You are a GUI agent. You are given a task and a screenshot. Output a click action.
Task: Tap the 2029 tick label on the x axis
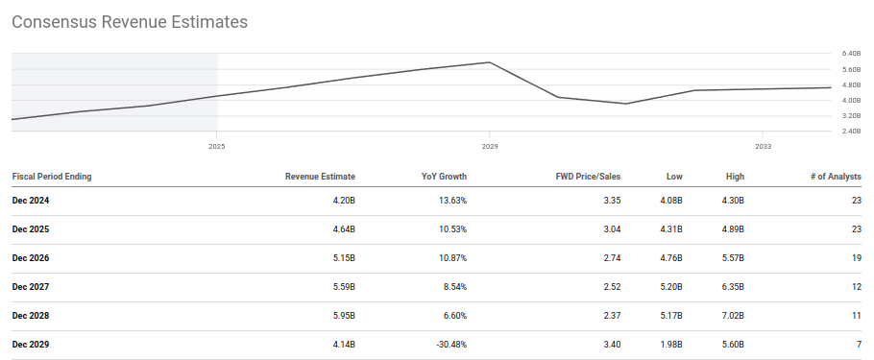490,147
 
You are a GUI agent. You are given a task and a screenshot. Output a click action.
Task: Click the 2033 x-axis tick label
763,147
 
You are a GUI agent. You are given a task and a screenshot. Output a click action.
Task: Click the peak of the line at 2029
490,62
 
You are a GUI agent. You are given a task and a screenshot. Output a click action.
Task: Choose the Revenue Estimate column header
320,177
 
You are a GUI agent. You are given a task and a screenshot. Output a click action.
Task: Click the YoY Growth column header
445,177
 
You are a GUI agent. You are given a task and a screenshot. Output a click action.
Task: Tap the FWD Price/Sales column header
588,177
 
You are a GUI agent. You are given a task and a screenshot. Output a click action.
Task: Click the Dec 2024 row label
31,201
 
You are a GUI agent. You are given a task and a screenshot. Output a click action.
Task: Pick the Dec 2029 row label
31,345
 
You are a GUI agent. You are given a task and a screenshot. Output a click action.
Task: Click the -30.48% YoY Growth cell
448,345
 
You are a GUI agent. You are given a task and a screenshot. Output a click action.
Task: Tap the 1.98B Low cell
669,345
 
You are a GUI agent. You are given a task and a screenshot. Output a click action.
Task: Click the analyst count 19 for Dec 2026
856,258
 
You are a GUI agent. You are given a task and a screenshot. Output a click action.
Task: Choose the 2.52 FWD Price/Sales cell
611,287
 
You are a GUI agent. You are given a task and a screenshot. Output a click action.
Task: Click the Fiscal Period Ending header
52,177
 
